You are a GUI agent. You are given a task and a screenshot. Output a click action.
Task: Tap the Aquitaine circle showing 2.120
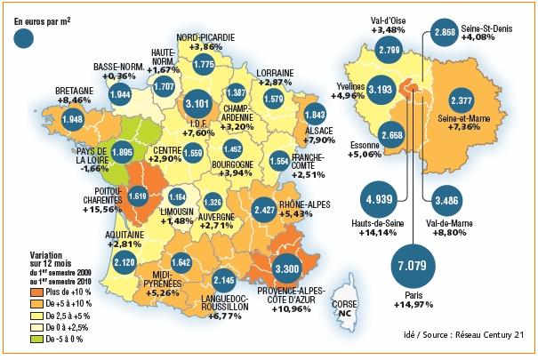click(x=124, y=261)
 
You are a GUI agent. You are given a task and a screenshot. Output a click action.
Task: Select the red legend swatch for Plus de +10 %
click(x=36, y=290)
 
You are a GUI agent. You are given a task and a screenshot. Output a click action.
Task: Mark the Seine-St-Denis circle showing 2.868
click(x=443, y=31)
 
